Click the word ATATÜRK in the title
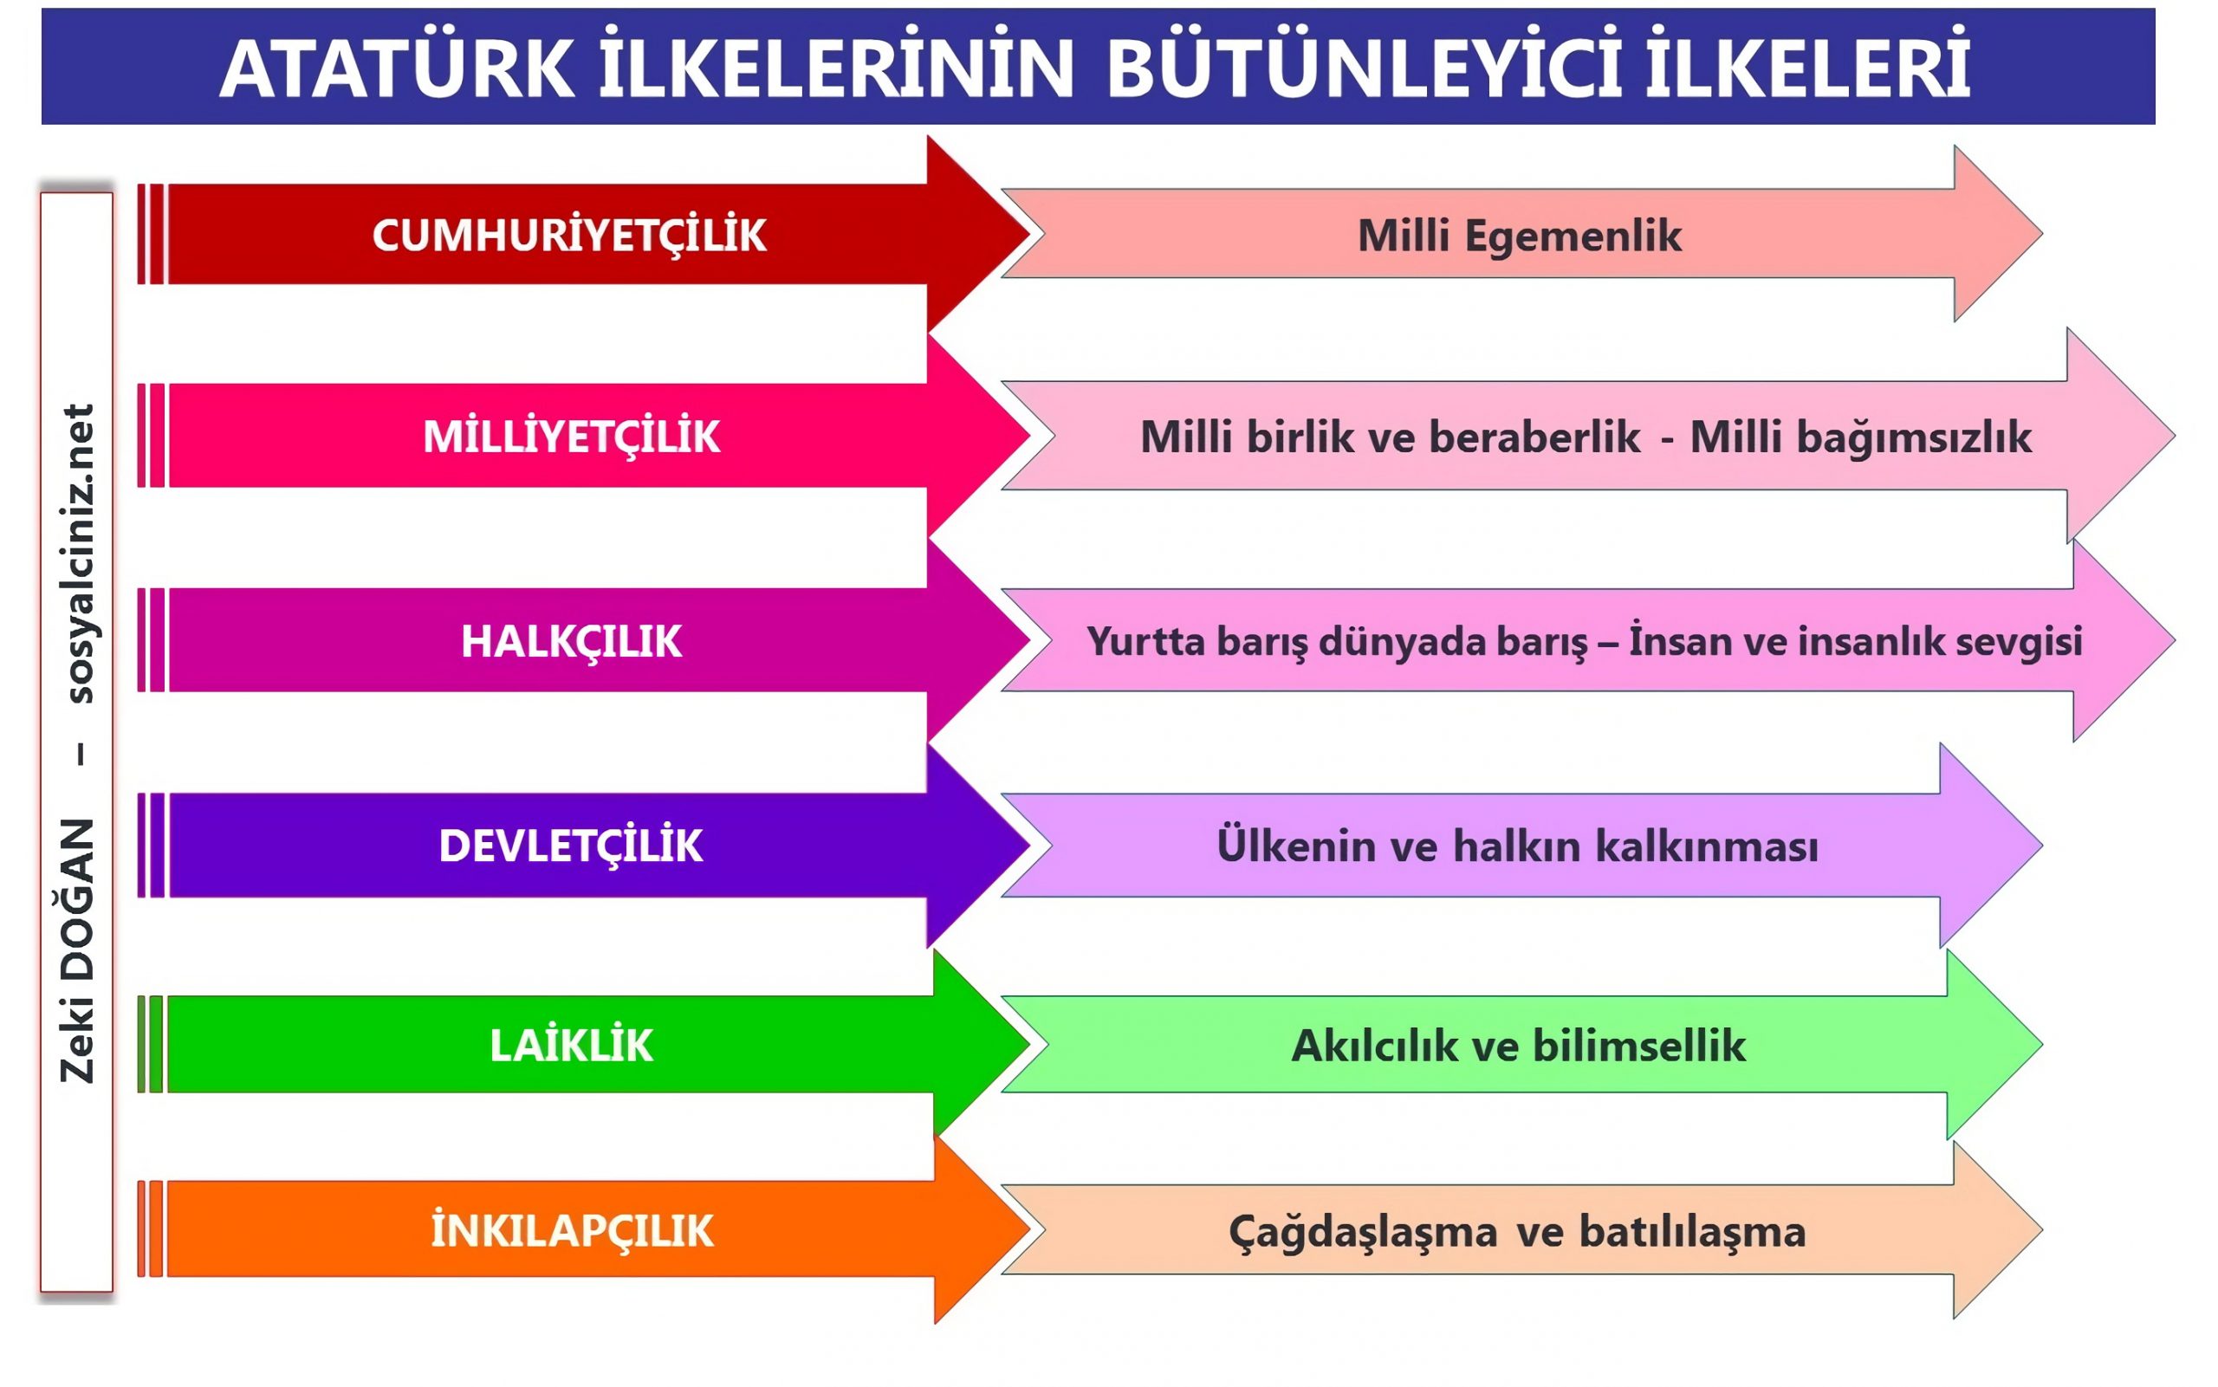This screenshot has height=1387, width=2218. coord(397,68)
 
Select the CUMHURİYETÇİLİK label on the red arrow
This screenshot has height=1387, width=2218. coord(568,236)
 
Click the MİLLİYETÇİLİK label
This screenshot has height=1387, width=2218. coord(572,437)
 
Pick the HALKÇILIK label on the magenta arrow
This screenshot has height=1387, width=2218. coord(572,641)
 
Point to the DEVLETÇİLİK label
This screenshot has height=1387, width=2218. coord(571,845)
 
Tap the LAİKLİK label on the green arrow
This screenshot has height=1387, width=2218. coord(572,1045)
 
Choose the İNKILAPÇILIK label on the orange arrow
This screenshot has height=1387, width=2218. coord(573,1231)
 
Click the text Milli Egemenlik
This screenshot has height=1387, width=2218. coord(1520,237)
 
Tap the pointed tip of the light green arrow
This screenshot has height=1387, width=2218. coord(2042,1045)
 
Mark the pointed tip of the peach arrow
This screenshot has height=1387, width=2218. coord(2042,1230)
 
